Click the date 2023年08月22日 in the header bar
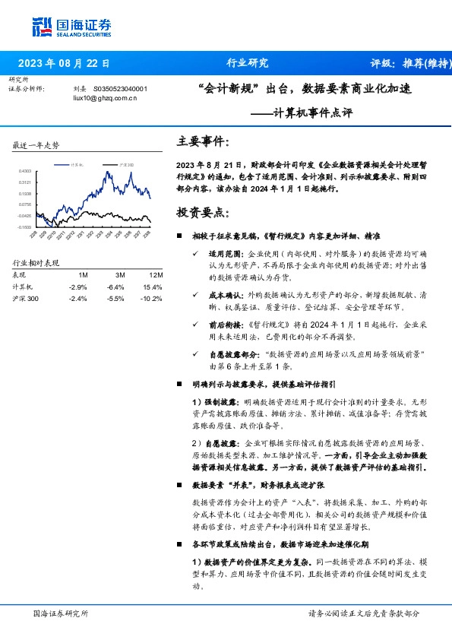(x=64, y=63)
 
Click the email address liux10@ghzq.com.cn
(x=105, y=98)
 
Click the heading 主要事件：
(x=202, y=141)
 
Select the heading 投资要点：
(x=202, y=210)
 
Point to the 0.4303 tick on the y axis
(x=25, y=172)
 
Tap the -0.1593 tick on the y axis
(x=25, y=227)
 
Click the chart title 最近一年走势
(x=36, y=144)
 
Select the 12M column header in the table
(x=155, y=274)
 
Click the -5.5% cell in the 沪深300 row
(x=115, y=299)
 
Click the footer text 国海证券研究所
(x=61, y=613)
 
